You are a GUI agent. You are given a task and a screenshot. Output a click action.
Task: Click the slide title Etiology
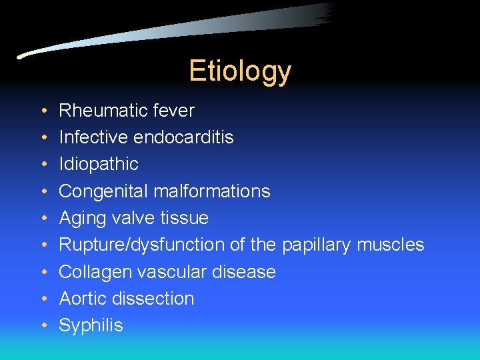(240, 71)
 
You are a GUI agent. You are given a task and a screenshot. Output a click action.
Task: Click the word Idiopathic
(99, 164)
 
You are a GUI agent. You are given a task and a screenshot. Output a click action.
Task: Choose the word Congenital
(103, 191)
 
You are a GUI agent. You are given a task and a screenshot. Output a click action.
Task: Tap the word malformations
(211, 191)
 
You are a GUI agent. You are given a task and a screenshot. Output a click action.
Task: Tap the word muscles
(390, 245)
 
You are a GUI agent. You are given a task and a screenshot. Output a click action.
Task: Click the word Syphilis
(91, 325)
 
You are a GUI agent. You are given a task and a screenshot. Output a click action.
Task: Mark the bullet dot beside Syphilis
(43, 326)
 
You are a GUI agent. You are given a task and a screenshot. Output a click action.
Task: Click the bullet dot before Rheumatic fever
(43, 111)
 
